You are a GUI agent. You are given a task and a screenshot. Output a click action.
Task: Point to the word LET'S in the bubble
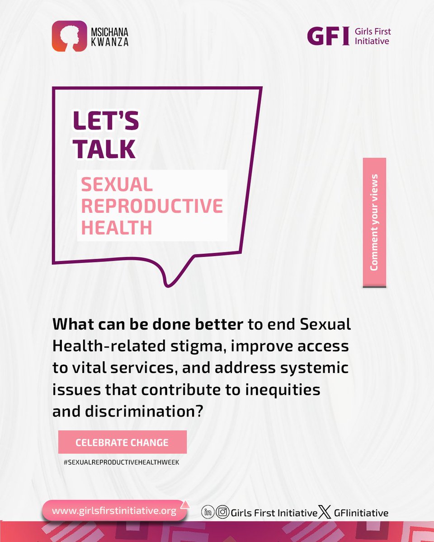pos(106,122)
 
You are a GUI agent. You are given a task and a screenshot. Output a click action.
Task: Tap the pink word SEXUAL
pos(117,184)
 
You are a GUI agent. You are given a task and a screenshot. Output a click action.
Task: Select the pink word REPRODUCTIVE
pos(152,206)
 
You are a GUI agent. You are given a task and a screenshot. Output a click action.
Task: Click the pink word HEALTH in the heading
pos(116,227)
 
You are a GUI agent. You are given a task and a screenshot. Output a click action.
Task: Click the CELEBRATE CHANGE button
pos(122,442)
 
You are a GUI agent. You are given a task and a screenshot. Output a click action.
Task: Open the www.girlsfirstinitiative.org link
pos(113,511)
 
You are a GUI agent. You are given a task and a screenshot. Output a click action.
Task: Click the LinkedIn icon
pos(208,513)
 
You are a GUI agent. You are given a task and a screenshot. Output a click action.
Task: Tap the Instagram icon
pos(222,513)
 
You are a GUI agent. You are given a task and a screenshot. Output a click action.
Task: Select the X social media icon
pos(324,513)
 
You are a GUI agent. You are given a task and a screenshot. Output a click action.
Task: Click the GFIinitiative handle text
pos(361,513)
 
